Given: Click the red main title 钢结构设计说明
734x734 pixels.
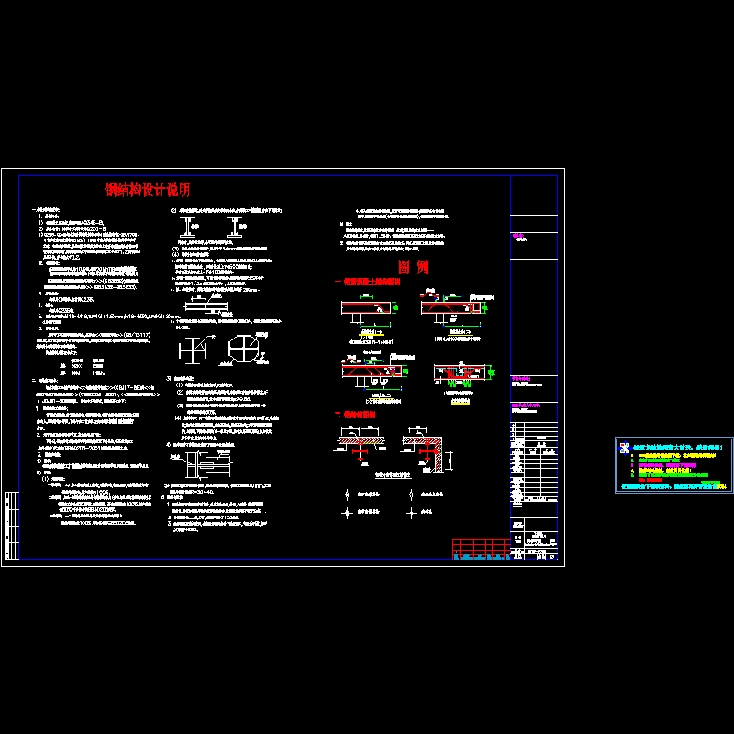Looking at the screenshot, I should (x=148, y=191).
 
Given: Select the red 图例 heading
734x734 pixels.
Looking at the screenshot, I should (x=414, y=267).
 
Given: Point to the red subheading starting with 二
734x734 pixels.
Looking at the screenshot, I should (x=355, y=415).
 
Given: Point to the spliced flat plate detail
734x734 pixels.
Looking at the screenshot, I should (x=217, y=305).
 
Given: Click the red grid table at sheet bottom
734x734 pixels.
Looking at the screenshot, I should (x=481, y=549).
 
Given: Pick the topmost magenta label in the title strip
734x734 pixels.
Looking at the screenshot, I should (x=520, y=236).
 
